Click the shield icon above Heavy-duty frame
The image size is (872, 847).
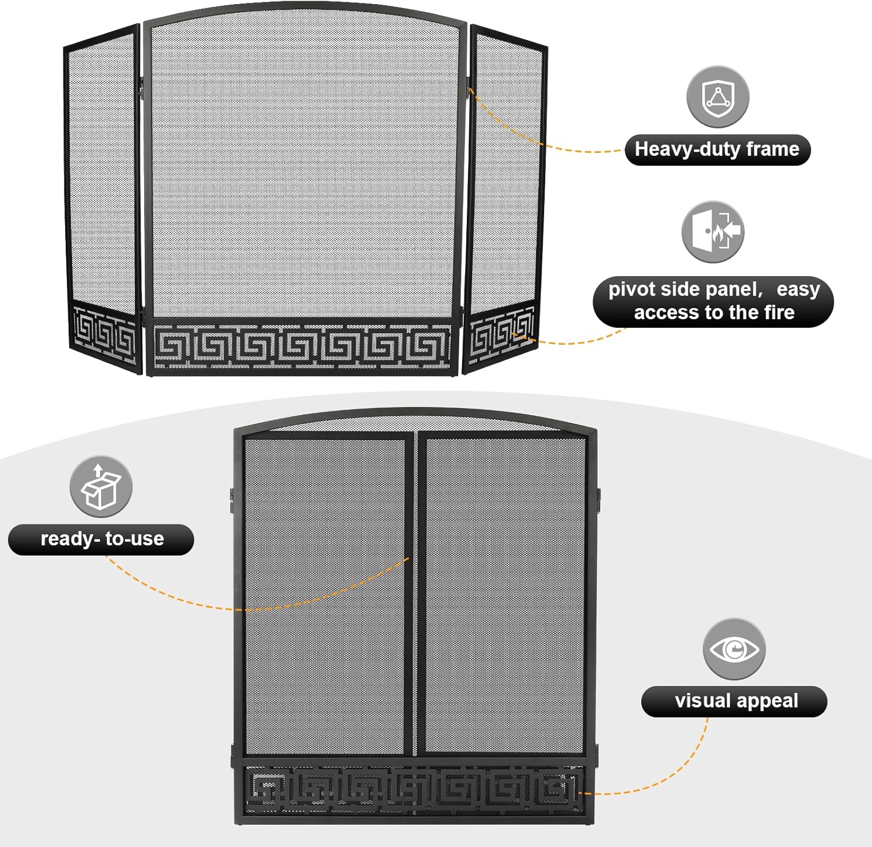(717, 97)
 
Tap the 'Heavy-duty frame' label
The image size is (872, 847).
(717, 149)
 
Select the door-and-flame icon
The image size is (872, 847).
(713, 232)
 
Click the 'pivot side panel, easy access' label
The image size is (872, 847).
(713, 301)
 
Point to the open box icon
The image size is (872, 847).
(101, 487)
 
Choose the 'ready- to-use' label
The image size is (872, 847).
(101, 539)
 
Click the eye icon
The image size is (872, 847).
(734, 649)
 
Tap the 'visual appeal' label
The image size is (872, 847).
(734, 701)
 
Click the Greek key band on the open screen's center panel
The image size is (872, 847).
(301, 346)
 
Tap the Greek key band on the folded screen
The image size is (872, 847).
(414, 789)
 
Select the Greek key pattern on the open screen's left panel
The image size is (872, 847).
(105, 336)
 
